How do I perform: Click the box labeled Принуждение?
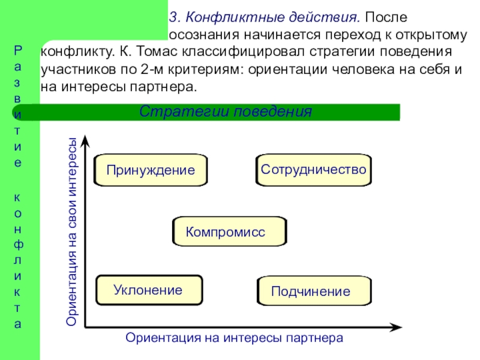pyautogui.click(x=151, y=170)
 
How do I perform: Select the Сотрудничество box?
pyautogui.click(x=314, y=170)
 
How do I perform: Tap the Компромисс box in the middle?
pyautogui.click(x=230, y=232)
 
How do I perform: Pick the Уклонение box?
pyautogui.click(x=149, y=290)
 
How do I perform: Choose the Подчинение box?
pyautogui.click(x=314, y=291)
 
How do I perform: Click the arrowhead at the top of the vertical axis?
pyautogui.click(x=85, y=142)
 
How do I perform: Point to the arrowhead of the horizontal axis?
pyautogui.click(x=395, y=327)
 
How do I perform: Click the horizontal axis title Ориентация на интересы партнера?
pyautogui.click(x=234, y=338)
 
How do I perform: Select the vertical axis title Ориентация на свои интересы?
pyautogui.click(x=71, y=232)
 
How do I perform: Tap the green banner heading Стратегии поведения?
pyautogui.click(x=226, y=112)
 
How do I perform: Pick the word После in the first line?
pyautogui.click(x=386, y=17)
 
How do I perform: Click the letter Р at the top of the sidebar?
pyautogui.click(x=18, y=50)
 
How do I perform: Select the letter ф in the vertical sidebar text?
pyautogui.click(x=18, y=245)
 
